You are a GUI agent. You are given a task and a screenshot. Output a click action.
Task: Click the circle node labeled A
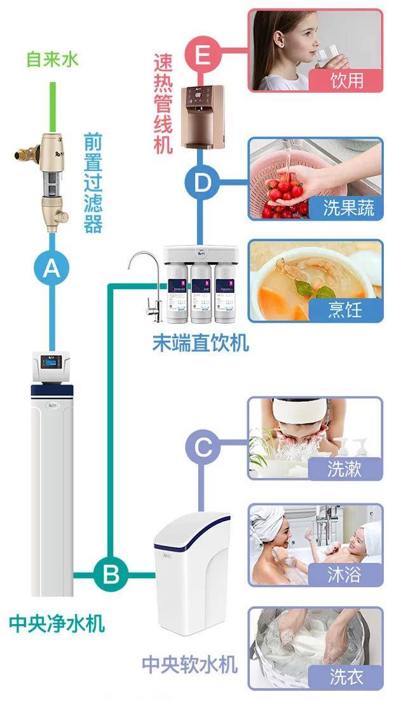51,269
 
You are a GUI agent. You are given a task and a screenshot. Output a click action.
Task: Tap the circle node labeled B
111,576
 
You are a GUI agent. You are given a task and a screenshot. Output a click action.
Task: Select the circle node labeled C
202,447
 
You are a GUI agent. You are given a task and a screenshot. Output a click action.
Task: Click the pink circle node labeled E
202,55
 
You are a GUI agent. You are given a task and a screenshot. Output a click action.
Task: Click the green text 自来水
51,59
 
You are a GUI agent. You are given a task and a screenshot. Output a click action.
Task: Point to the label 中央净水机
57,623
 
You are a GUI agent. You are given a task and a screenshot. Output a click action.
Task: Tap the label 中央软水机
189,665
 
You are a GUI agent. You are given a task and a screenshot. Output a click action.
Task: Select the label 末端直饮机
200,343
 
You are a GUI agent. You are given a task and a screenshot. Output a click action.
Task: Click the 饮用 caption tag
346,81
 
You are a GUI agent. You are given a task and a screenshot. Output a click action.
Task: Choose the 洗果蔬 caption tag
348,208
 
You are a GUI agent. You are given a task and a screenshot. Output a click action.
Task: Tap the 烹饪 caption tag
346,310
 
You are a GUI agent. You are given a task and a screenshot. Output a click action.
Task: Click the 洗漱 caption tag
345,469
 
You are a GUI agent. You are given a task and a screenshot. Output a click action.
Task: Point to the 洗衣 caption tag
345,677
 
